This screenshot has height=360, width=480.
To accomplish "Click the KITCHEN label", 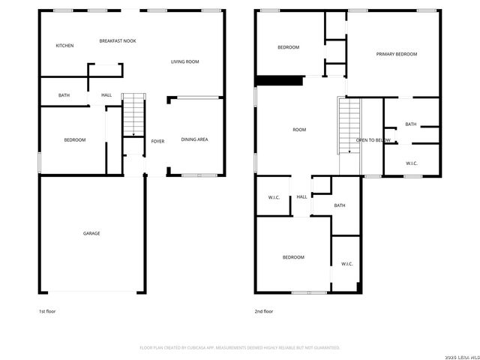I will pyautogui.click(x=65, y=46).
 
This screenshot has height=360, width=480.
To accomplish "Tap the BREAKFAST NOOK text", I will pyautogui.click(x=118, y=40).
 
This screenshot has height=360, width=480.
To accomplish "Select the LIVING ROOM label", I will pyautogui.click(x=184, y=61).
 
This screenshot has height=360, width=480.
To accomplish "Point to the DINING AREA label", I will pyautogui.click(x=194, y=139).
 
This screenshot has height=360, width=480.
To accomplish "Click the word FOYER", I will pyautogui.click(x=157, y=141).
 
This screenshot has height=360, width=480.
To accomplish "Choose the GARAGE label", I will pyautogui.click(x=91, y=233).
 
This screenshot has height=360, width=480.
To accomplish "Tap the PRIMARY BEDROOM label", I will pyautogui.click(x=396, y=54).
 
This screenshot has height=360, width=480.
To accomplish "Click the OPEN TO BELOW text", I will pyautogui.click(x=373, y=140).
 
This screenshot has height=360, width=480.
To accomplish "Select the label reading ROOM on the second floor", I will pyautogui.click(x=299, y=130).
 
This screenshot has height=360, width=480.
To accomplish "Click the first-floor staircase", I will pyautogui.click(x=133, y=114).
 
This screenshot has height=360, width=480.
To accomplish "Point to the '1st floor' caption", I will pyautogui.click(x=46, y=310).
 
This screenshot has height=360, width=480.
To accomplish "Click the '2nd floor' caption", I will pyautogui.click(x=264, y=310).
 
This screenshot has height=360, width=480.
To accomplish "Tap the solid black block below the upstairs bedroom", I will pyautogui.click(x=279, y=81).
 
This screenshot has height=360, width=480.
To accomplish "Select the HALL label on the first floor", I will pyautogui.click(x=106, y=95).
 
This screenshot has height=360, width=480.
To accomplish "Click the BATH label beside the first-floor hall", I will pyautogui.click(x=64, y=95).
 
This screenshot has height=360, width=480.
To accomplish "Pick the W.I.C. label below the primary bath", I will pyautogui.click(x=412, y=163).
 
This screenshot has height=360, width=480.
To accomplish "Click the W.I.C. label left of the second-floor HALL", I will pyautogui.click(x=274, y=197).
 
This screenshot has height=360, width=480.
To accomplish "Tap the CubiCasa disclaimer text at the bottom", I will pyautogui.click(x=240, y=347).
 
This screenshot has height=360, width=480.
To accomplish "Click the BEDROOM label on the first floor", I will pyautogui.click(x=74, y=139).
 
